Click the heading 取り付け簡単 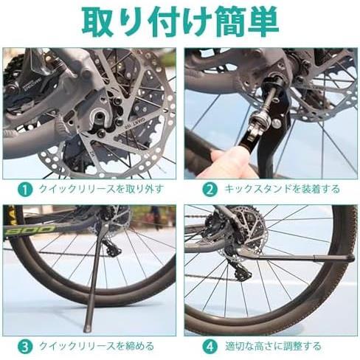[180, 22]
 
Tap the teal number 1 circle [25, 190]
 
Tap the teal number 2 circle [210, 190]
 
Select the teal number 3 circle [25, 347]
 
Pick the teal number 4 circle [210, 347]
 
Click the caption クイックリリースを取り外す [101, 190]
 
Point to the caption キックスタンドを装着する [282, 190]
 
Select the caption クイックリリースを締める [97, 347]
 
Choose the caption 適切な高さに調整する [273, 347]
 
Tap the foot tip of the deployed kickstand [88, 328]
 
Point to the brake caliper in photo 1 [30, 83]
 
